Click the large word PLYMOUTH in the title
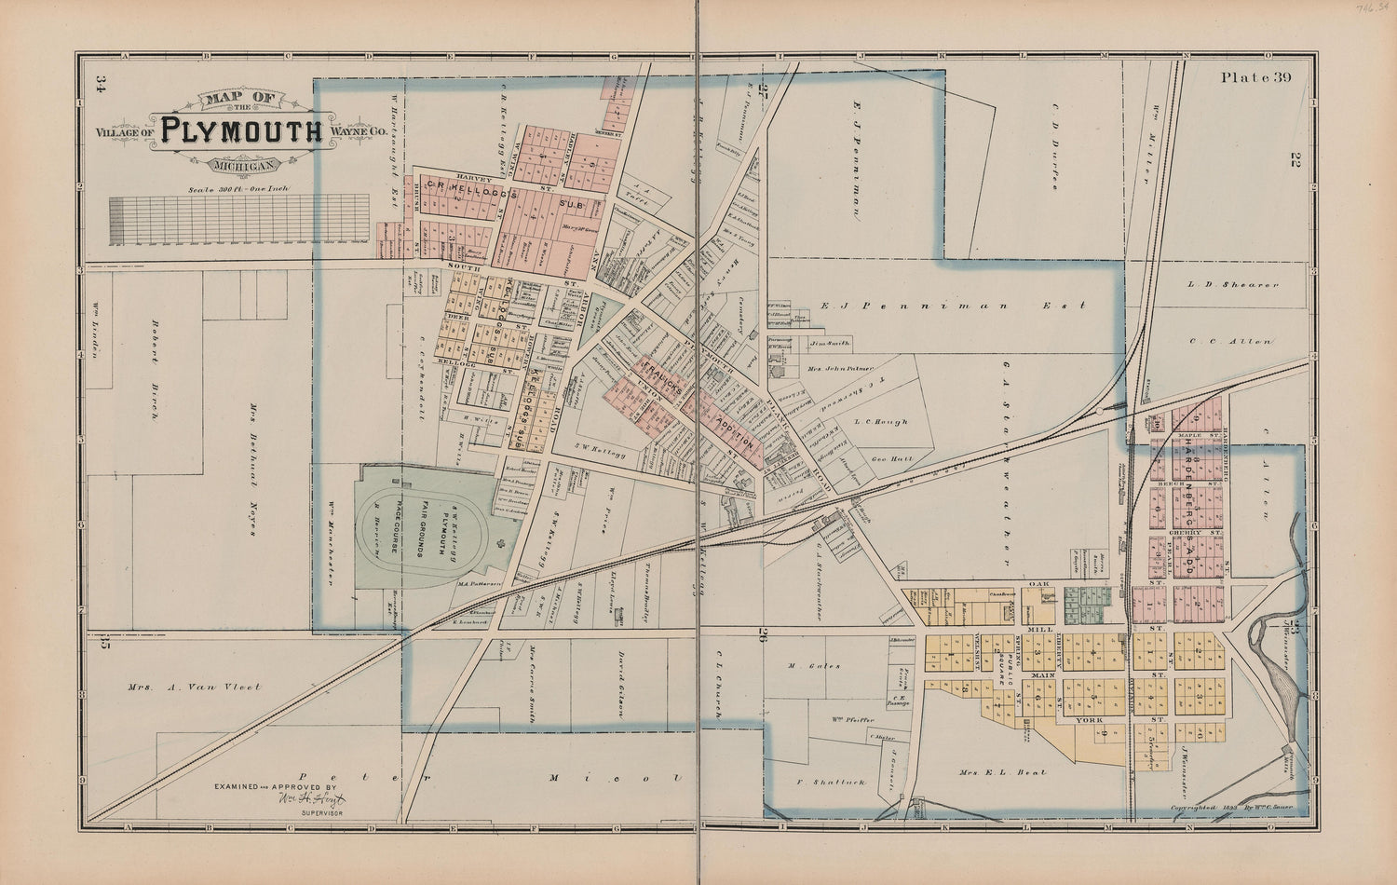tap(240, 131)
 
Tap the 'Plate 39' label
tap(1256, 78)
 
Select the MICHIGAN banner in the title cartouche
tap(241, 166)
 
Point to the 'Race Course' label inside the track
tap(395, 527)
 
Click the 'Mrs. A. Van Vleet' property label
tap(195, 688)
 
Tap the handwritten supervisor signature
tap(311, 799)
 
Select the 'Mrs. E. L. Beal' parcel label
tap(1003, 772)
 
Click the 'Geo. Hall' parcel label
tap(890, 459)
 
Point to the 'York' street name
tap(1089, 720)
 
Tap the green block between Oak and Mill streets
tap(1087, 605)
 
